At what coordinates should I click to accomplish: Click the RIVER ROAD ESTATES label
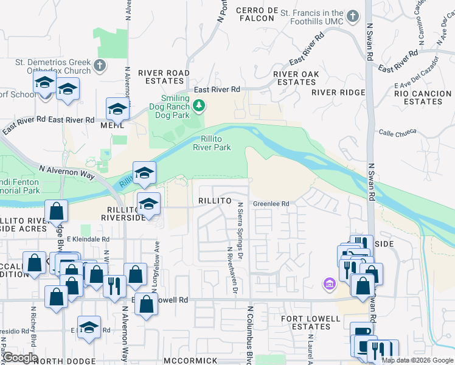pyautogui.click(x=164, y=77)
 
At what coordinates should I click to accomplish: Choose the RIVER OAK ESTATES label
pyautogui.click(x=296, y=78)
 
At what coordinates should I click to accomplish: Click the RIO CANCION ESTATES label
pyautogui.click(x=423, y=98)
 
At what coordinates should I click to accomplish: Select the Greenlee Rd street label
pyautogui.click(x=271, y=204)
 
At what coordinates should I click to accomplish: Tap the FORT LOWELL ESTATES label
pyautogui.click(x=310, y=322)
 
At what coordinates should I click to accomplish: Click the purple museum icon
pyautogui.click(x=330, y=283)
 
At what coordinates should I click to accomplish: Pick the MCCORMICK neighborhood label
pyautogui.click(x=190, y=361)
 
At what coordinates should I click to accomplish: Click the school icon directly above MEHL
pyautogui.click(x=117, y=109)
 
